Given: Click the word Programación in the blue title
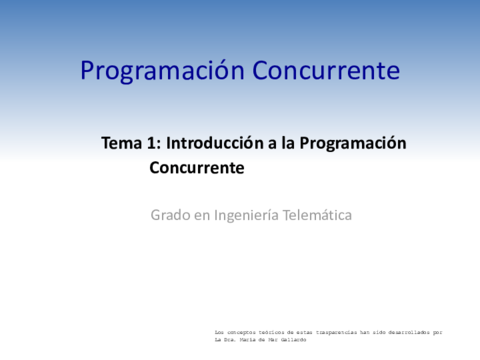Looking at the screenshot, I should tap(162, 72).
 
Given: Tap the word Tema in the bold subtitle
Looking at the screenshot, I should tap(122, 143).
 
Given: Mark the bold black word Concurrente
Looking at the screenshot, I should tap(197, 168).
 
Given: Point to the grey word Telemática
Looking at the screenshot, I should tap(320, 215).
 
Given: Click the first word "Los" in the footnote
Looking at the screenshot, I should tap(220, 331).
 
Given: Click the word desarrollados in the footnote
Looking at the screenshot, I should tap(410, 331).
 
